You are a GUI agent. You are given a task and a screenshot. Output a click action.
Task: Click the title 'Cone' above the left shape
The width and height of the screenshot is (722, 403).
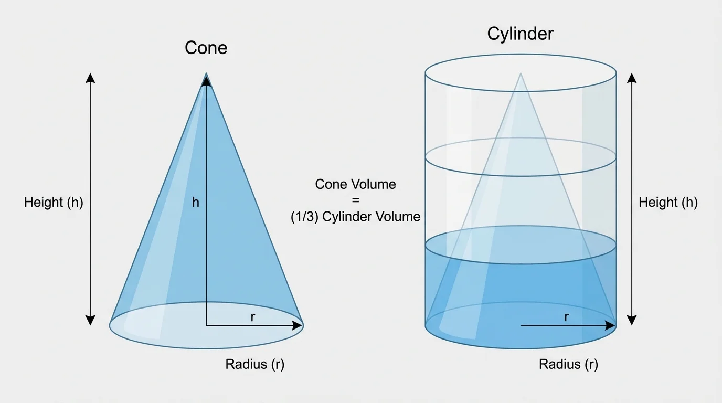pyautogui.click(x=206, y=48)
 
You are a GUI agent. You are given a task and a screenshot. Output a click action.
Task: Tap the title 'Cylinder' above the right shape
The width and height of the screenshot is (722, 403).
pyautogui.click(x=520, y=34)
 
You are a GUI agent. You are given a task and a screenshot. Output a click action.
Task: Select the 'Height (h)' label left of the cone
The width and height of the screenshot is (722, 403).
pyautogui.click(x=54, y=202)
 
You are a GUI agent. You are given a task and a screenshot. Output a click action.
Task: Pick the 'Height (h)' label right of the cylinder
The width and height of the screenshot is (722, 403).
pyautogui.click(x=668, y=202)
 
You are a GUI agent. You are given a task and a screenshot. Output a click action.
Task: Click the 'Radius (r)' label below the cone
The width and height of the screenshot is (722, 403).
pyautogui.click(x=255, y=364)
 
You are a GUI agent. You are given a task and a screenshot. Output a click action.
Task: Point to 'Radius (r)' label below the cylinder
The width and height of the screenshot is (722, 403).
pyautogui.click(x=568, y=364)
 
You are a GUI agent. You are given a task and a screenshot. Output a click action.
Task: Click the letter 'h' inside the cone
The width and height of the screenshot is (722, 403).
pyautogui.click(x=196, y=202)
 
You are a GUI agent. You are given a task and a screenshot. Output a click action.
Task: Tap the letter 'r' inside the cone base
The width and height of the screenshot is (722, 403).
pyautogui.click(x=253, y=316)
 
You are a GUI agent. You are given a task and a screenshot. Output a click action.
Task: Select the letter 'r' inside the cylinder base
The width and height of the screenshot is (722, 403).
pyautogui.click(x=566, y=316)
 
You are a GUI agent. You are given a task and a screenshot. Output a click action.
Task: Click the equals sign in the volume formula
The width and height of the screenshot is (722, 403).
pyautogui.click(x=356, y=200)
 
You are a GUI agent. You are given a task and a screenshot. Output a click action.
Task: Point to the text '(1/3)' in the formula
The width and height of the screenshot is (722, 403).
pyautogui.click(x=304, y=216)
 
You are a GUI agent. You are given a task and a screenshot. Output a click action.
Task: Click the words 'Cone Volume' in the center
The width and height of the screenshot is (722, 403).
pyautogui.click(x=356, y=184)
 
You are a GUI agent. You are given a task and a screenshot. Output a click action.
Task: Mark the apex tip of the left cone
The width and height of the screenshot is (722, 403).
pyautogui.click(x=206, y=74)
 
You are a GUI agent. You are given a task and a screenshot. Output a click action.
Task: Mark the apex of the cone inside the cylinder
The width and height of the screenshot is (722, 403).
pyautogui.click(x=521, y=73)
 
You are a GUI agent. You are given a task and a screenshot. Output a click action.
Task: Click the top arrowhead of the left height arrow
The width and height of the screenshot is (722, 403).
pyautogui.click(x=91, y=78)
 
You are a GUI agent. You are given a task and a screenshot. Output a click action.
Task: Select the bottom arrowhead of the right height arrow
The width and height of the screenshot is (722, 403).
pyautogui.click(x=632, y=320)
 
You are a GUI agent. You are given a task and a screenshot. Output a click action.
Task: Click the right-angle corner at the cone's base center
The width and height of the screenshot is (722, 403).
pyautogui.click(x=207, y=325)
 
